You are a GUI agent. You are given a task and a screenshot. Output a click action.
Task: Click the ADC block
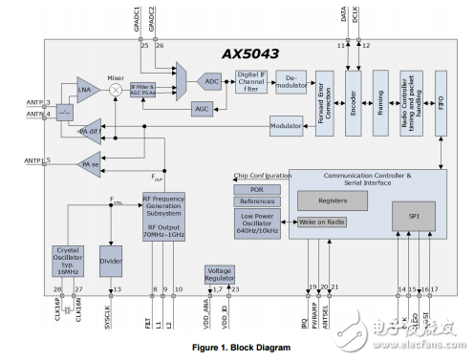click(212, 82)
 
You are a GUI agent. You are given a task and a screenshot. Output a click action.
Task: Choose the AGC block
click(202, 109)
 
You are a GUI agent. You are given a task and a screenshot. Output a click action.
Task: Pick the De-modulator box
click(291, 82)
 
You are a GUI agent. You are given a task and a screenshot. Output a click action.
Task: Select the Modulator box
click(286, 126)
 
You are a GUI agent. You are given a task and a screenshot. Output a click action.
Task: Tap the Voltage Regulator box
click(220, 274)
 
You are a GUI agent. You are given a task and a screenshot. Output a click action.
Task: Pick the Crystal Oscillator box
click(68, 259)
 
